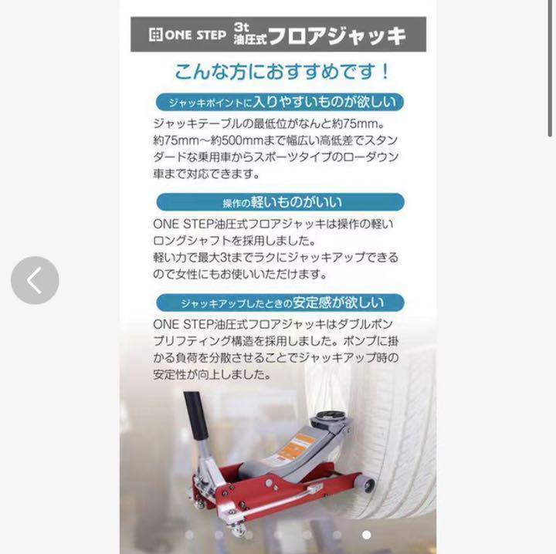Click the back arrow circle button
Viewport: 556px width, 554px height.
click(x=35, y=280)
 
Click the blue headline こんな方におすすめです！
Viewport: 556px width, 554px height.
click(x=283, y=73)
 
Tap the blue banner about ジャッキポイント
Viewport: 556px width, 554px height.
click(x=280, y=102)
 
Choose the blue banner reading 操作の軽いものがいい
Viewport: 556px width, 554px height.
click(x=280, y=203)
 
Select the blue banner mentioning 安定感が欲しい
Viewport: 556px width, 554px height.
click(x=280, y=303)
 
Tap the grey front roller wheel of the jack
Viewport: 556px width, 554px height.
click(x=362, y=485)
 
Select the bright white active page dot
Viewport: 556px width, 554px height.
click(x=366, y=534)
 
